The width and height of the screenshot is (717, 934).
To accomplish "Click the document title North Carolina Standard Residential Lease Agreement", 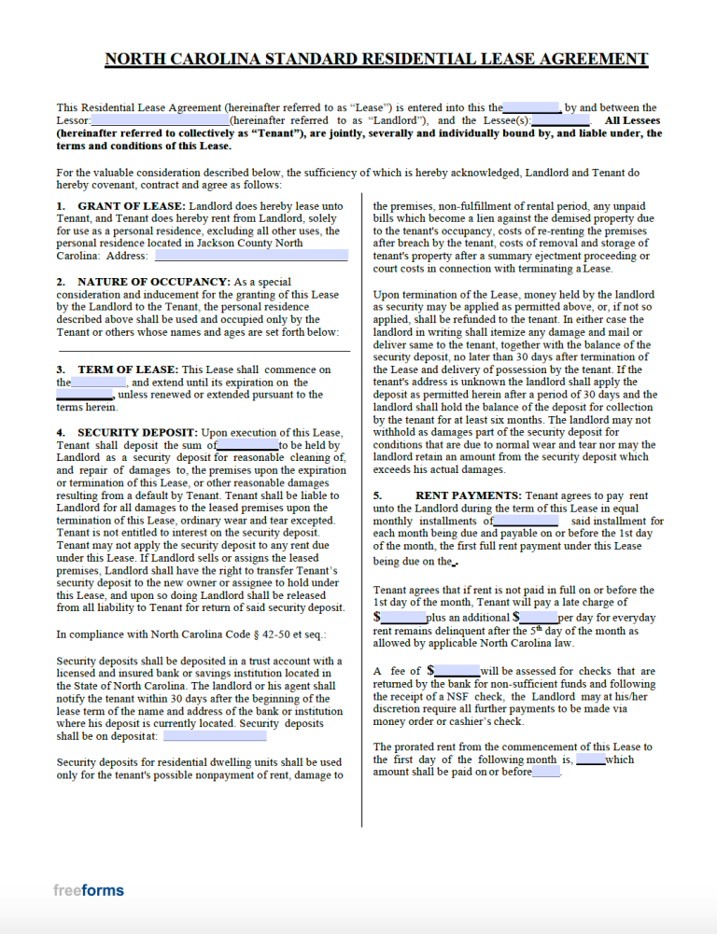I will click(375, 59).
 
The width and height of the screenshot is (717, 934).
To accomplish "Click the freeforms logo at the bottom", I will click(88, 890).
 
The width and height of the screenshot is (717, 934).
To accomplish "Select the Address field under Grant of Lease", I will click(250, 255).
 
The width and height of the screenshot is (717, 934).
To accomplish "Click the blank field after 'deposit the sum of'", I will click(247, 446).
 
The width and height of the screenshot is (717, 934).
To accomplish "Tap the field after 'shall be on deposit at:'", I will click(214, 736).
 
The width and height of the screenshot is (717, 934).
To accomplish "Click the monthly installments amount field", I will click(526, 521).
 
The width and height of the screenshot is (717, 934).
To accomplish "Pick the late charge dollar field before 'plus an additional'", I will click(402, 618).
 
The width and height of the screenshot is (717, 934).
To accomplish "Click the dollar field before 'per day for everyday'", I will click(538, 618).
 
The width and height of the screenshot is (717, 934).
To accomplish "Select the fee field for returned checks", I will click(457, 671).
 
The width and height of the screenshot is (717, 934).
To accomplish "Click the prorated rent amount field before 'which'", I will click(590, 760).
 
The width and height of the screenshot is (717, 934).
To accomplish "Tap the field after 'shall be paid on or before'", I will click(546, 772).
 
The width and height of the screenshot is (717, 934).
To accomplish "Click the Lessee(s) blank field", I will click(560, 120).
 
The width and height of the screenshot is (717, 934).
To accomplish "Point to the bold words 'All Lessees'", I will click(632, 120).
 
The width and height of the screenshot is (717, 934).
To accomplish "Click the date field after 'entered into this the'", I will click(531, 107).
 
